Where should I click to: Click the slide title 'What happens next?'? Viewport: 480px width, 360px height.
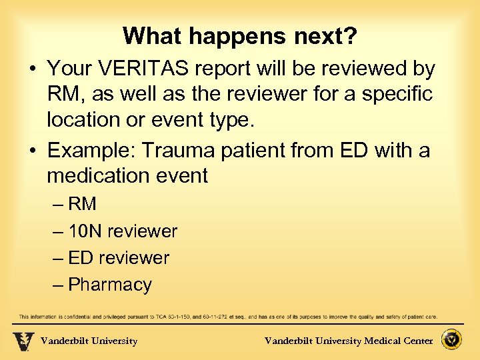[x=240, y=36]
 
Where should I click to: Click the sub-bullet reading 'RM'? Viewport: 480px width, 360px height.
[x=82, y=204]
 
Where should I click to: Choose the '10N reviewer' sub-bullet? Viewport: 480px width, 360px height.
[x=123, y=231]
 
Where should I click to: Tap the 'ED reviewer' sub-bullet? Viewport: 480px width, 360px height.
[x=119, y=258]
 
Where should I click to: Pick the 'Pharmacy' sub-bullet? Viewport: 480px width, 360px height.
[x=110, y=285]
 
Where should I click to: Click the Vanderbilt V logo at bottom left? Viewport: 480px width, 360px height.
[x=23, y=341]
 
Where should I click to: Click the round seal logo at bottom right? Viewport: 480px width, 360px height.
[x=453, y=340]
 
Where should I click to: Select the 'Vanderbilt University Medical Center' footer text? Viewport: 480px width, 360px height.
[x=349, y=341]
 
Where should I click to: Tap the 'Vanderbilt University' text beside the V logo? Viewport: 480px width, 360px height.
[x=89, y=341]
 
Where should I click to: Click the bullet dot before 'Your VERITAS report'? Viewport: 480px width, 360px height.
[x=32, y=69]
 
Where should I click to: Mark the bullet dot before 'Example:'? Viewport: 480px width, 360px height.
[x=32, y=151]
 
